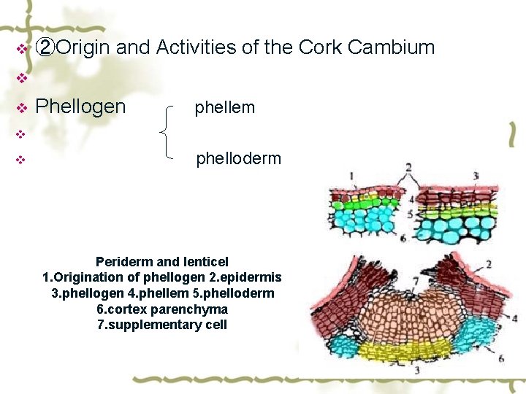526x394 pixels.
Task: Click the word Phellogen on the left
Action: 80,107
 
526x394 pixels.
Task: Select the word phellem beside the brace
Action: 224,108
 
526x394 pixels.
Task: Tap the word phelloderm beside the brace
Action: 238,159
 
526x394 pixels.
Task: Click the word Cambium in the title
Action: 392,48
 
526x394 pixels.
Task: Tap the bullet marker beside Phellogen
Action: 21,108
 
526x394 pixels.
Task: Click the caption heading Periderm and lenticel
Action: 161,261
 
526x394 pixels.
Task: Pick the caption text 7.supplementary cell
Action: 161,325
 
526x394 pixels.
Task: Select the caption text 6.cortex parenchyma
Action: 161,309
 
